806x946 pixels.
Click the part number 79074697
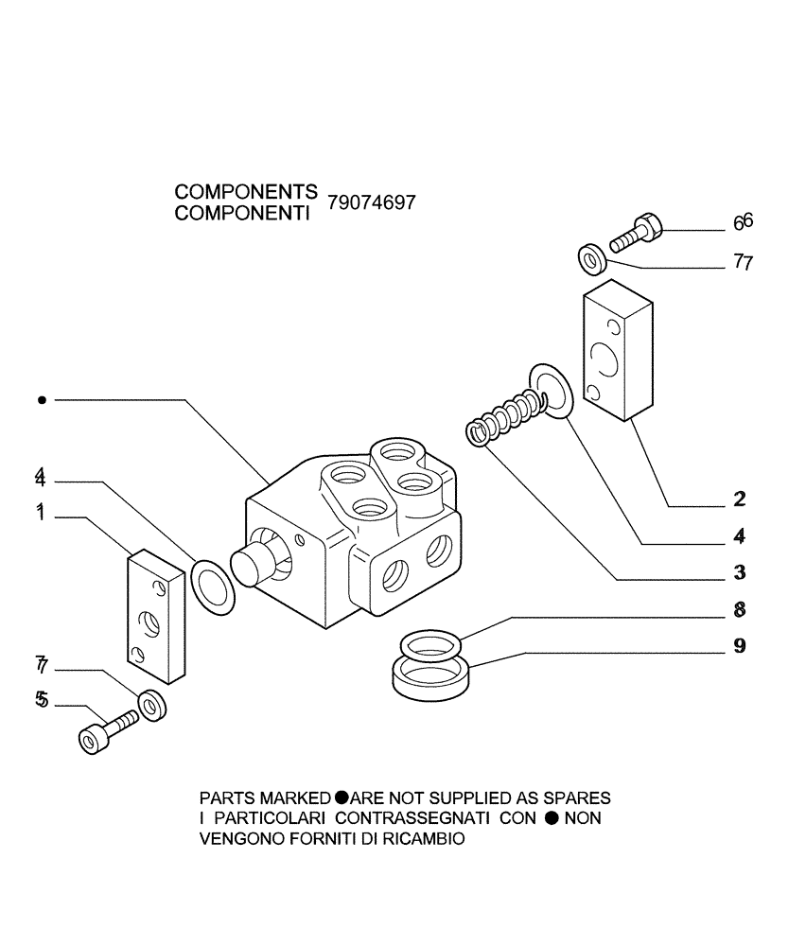point(371,203)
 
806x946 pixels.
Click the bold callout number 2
point(740,499)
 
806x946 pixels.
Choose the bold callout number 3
point(740,573)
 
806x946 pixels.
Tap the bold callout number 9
point(740,647)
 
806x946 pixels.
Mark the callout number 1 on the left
point(41,513)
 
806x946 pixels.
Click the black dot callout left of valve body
point(41,401)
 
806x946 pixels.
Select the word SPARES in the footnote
point(579,797)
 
